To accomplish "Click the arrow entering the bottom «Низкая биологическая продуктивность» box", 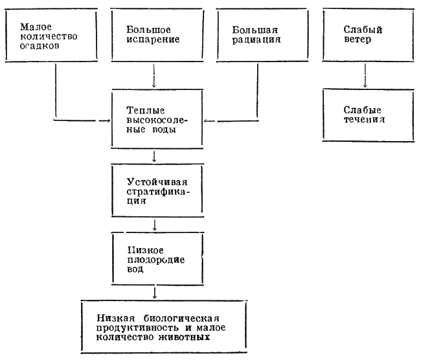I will coord(155,292).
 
